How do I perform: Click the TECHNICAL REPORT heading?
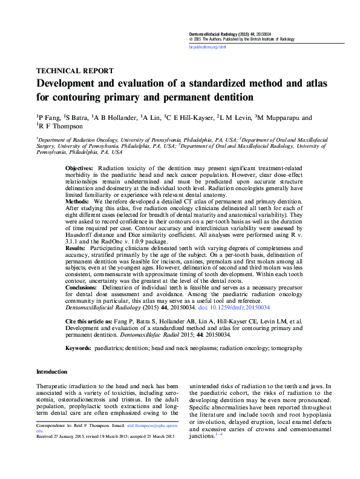(x=74, y=70)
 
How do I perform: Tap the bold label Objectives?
(x=79, y=167)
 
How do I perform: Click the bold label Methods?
(x=77, y=200)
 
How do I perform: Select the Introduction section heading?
(x=52, y=372)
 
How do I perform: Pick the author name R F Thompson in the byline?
(x=65, y=127)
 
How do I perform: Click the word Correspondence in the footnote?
(x=53, y=426)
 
